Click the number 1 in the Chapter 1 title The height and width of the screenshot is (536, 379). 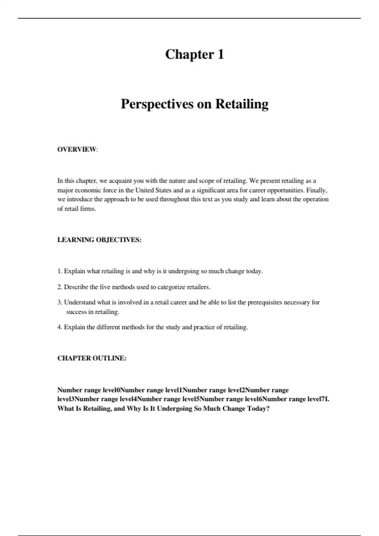[220, 54]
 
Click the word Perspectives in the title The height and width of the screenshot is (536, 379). [157, 104]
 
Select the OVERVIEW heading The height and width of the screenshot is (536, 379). [77, 149]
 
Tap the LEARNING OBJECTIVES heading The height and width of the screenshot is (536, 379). [99, 240]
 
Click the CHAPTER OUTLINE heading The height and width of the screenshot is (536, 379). [92, 358]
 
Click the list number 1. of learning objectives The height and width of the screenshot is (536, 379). [60, 271]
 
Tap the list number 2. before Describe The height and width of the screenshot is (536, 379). [60, 287]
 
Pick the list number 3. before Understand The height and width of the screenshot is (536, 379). [60, 302]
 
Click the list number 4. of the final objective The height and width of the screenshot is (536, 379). [60, 327]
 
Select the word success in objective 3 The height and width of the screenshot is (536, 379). [75, 312]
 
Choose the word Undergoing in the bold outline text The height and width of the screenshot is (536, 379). [174, 409]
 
